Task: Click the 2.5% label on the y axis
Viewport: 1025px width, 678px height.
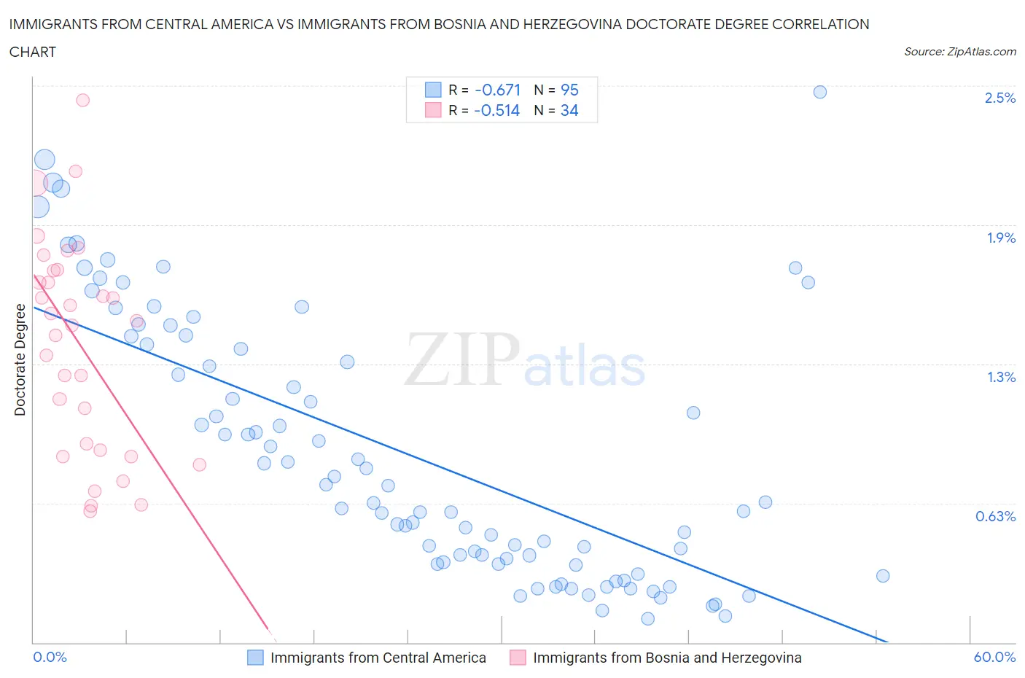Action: click(999, 98)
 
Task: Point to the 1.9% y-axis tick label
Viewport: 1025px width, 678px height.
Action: click(1000, 238)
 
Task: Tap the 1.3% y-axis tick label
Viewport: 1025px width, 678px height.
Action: click(1000, 377)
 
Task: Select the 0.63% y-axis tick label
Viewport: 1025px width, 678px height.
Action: click(995, 516)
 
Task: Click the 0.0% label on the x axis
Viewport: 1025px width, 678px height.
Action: click(50, 657)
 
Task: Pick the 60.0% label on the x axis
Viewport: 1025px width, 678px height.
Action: click(994, 657)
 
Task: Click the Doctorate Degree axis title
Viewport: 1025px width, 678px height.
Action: click(20, 360)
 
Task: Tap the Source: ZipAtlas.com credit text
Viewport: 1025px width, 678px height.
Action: click(959, 52)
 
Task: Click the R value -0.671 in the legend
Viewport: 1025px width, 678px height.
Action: click(497, 90)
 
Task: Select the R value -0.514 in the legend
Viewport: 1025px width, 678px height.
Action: click(496, 110)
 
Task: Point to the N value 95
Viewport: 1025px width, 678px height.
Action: click(569, 90)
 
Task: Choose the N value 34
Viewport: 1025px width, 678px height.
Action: click(569, 110)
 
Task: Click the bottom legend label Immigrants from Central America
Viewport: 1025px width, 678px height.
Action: click(378, 658)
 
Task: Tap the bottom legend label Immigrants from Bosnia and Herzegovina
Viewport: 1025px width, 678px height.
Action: click(667, 658)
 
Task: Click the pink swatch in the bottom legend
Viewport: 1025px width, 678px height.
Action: click(518, 658)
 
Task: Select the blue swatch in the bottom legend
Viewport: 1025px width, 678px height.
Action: click(255, 658)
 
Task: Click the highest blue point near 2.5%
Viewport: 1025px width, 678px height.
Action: click(819, 92)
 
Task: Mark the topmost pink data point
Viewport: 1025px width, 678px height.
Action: click(82, 100)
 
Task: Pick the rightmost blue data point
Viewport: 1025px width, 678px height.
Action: click(882, 576)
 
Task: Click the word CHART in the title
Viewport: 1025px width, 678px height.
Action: click(33, 52)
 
